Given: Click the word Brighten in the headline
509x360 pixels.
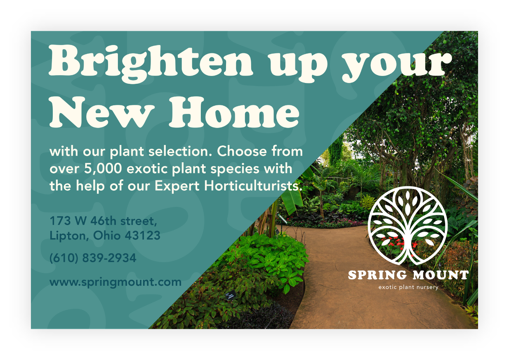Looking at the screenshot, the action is (x=151, y=63).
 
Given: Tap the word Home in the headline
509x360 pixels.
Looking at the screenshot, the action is (x=234, y=112).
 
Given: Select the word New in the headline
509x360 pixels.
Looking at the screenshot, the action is (x=102, y=112).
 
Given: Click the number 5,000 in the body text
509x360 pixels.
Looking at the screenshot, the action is (x=103, y=169).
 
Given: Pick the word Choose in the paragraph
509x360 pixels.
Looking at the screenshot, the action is (x=242, y=151).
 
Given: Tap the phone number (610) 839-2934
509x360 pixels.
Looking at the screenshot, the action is (x=93, y=258).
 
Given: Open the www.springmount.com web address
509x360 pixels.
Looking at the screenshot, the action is (x=115, y=282).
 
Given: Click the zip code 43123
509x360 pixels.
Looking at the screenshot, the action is (x=143, y=235).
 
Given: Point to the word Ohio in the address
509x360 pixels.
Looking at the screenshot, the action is (x=106, y=235).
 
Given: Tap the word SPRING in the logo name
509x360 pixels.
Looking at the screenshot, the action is (x=377, y=275).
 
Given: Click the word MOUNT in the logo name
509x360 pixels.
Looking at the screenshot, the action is (x=441, y=275).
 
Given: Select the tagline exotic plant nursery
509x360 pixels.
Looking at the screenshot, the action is (x=408, y=287).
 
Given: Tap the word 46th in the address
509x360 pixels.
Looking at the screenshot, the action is (x=104, y=221).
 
